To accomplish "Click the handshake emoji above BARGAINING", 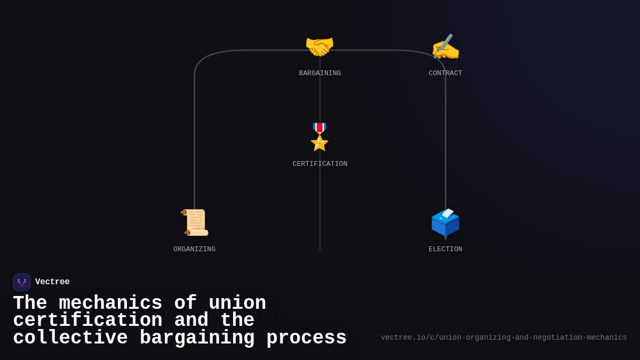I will pos(319,47).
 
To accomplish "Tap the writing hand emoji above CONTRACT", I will pos(445,47).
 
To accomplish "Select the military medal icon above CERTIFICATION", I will pos(319,137).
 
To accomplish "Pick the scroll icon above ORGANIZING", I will pos(195,222).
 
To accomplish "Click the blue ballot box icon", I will pos(445,223).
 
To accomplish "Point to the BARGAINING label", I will pos(319,73).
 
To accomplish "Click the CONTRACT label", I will pos(445,73).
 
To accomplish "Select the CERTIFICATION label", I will pos(319,164).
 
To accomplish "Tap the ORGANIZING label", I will pos(194,249).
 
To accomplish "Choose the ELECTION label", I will pos(445,249).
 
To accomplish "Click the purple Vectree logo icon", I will pos(22,282).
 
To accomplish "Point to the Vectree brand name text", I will pos(52,282).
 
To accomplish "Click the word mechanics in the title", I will pos(110,303).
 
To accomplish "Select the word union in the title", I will pos(237,303).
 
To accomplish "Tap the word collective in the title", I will pos(70,338).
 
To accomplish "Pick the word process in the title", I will pos(306,338).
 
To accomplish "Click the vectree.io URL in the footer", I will pos(503,338).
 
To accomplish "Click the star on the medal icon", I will pos(319,142).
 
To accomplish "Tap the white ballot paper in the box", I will pos(447,213).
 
